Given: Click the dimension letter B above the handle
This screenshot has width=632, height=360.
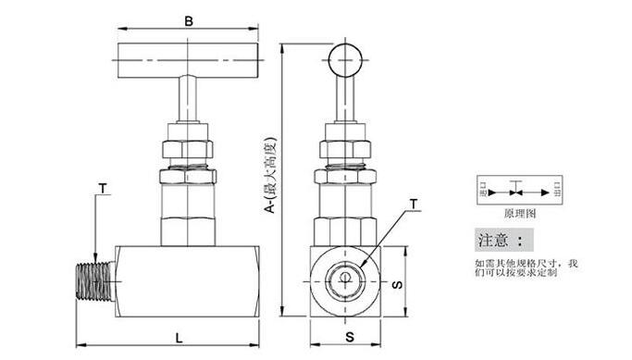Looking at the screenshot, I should (190, 19).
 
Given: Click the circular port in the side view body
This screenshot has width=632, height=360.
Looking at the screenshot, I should (343, 279).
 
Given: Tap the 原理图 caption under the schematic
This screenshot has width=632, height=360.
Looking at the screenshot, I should (520, 212).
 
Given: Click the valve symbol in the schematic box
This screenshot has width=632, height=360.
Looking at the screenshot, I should (520, 192).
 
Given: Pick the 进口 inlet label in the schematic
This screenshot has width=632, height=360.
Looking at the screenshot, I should (483, 191).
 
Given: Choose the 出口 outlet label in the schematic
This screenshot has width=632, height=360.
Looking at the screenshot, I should (556, 191).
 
